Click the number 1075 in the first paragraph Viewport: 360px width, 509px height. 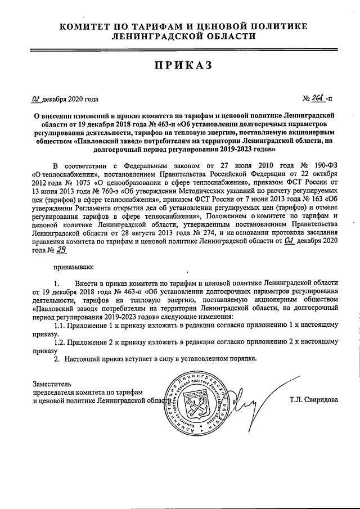[73, 183]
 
